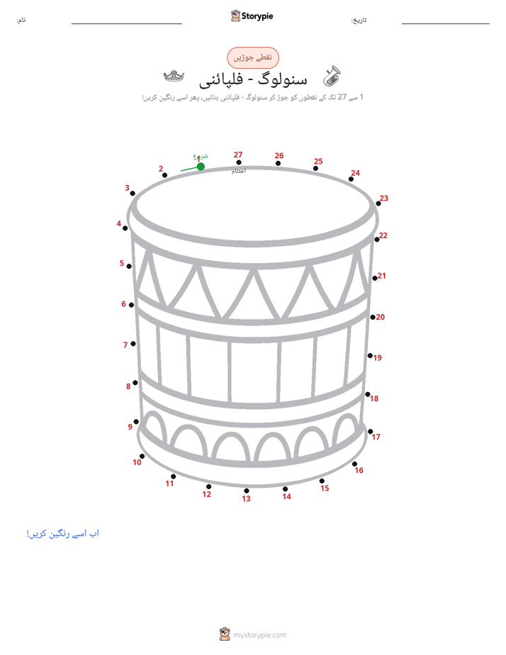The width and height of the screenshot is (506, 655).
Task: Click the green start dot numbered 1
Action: (x=201, y=167)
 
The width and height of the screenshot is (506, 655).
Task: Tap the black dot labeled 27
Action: (x=238, y=162)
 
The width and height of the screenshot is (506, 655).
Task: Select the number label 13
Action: (x=246, y=499)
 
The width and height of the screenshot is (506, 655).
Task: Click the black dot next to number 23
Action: (x=378, y=203)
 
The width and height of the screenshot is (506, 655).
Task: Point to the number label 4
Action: (x=118, y=223)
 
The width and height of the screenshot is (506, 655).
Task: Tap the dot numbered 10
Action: (x=142, y=457)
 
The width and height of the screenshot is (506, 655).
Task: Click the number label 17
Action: (x=376, y=437)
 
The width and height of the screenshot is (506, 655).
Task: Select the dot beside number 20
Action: (x=372, y=318)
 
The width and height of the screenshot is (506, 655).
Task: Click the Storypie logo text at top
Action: (x=257, y=16)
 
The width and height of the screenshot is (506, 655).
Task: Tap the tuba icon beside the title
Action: (x=332, y=76)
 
